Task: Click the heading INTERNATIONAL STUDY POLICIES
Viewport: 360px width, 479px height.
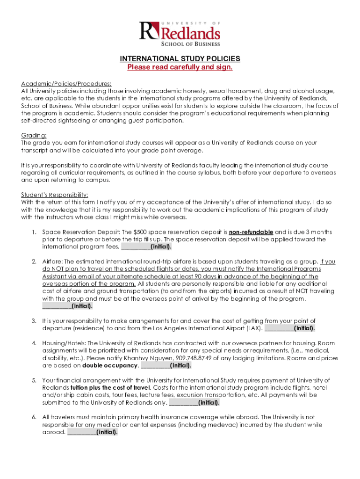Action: point(180,58)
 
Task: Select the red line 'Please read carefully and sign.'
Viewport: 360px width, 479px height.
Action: point(180,67)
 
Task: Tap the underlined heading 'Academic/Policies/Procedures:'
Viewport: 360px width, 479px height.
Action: point(66,83)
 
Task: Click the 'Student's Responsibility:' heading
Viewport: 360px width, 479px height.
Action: point(55,195)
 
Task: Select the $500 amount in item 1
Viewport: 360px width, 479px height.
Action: point(140,232)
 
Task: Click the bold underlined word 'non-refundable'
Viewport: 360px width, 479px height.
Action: point(251,232)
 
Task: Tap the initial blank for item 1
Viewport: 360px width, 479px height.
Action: point(136,247)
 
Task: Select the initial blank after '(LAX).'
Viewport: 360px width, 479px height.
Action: point(279,328)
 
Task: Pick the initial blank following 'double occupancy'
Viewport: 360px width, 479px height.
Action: point(155,366)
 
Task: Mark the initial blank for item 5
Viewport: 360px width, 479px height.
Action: point(183,403)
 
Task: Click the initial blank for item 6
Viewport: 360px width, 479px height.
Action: point(81,433)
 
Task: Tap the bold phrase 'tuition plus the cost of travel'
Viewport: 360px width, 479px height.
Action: point(110,388)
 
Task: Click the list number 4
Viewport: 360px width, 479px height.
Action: point(34,343)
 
